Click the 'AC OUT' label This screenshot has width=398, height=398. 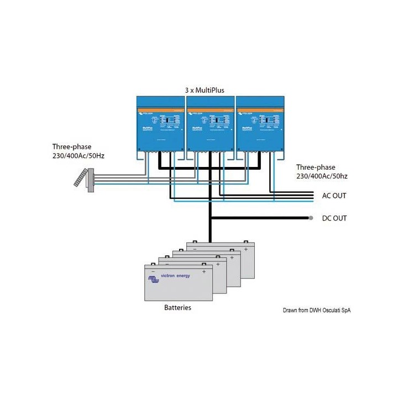click(334, 196)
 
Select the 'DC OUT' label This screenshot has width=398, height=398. click(334, 218)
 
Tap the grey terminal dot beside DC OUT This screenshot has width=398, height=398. click(311, 218)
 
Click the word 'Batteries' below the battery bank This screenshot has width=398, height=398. click(178, 307)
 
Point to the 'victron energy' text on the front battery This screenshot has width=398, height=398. click(176, 275)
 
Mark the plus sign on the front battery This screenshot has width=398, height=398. click(204, 272)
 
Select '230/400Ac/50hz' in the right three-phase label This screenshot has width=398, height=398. click(322, 176)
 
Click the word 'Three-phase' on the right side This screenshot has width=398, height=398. click(316, 167)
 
